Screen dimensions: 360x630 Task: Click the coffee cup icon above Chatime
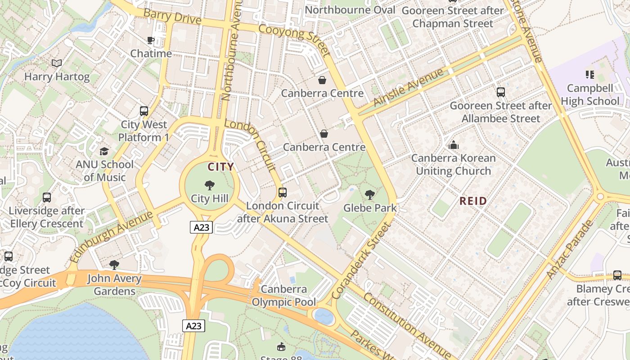(x=151, y=40)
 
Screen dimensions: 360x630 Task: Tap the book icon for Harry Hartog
(x=57, y=63)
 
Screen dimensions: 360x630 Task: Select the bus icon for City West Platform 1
(x=144, y=111)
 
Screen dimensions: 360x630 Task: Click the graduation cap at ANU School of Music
(x=104, y=151)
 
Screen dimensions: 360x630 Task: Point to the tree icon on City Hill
(x=209, y=185)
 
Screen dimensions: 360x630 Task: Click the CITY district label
(x=220, y=167)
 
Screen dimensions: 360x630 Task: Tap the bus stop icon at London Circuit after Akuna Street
(x=283, y=193)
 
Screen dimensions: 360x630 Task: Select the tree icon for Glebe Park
(x=370, y=195)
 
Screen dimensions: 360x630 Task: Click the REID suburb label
(x=473, y=201)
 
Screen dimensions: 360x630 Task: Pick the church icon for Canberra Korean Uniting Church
(x=454, y=145)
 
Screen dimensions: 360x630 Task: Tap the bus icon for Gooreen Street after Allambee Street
(x=501, y=92)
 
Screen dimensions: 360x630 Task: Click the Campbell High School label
(x=589, y=94)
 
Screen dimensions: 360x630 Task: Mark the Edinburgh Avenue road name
(x=112, y=237)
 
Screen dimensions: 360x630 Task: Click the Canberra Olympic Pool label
(x=284, y=296)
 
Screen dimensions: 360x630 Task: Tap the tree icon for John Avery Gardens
(x=114, y=265)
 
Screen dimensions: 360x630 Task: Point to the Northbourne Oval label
(x=350, y=10)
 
